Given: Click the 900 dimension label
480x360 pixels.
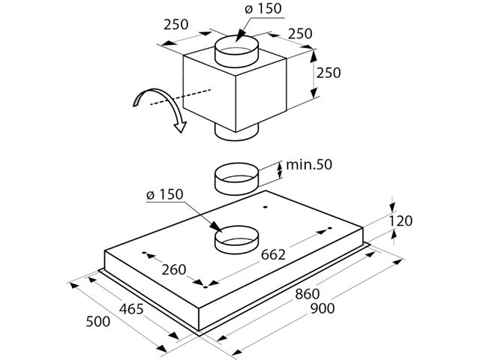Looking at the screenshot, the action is (x=322, y=308).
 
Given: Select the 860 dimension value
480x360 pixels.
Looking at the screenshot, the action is (x=307, y=294).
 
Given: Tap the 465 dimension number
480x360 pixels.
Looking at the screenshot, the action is (x=131, y=309).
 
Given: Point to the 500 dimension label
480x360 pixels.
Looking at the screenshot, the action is (x=98, y=322).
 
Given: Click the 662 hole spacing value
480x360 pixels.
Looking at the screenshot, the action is (x=273, y=255).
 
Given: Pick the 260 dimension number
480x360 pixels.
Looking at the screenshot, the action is (x=174, y=270).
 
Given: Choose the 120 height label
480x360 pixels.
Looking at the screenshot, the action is (x=400, y=220).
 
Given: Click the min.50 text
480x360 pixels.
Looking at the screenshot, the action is (x=309, y=165).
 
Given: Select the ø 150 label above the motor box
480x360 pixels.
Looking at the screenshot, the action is (x=263, y=8).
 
